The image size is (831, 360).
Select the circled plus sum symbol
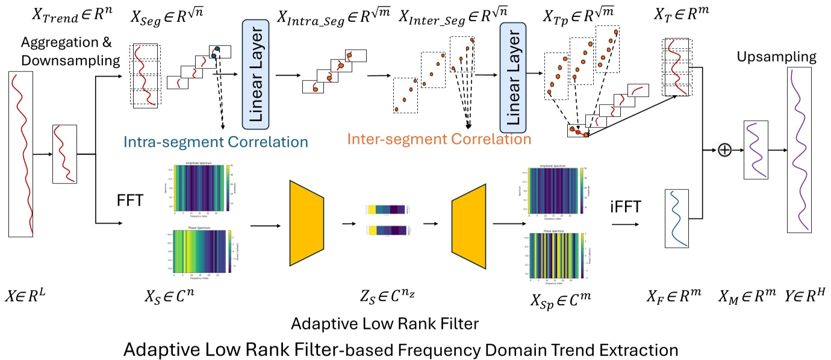(724, 150)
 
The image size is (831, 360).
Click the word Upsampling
(777, 57)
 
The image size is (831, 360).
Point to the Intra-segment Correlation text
(216, 142)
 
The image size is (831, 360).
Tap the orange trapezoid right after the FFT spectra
(307, 223)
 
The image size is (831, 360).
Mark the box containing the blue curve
(676, 219)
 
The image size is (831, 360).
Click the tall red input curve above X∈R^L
(22, 154)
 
